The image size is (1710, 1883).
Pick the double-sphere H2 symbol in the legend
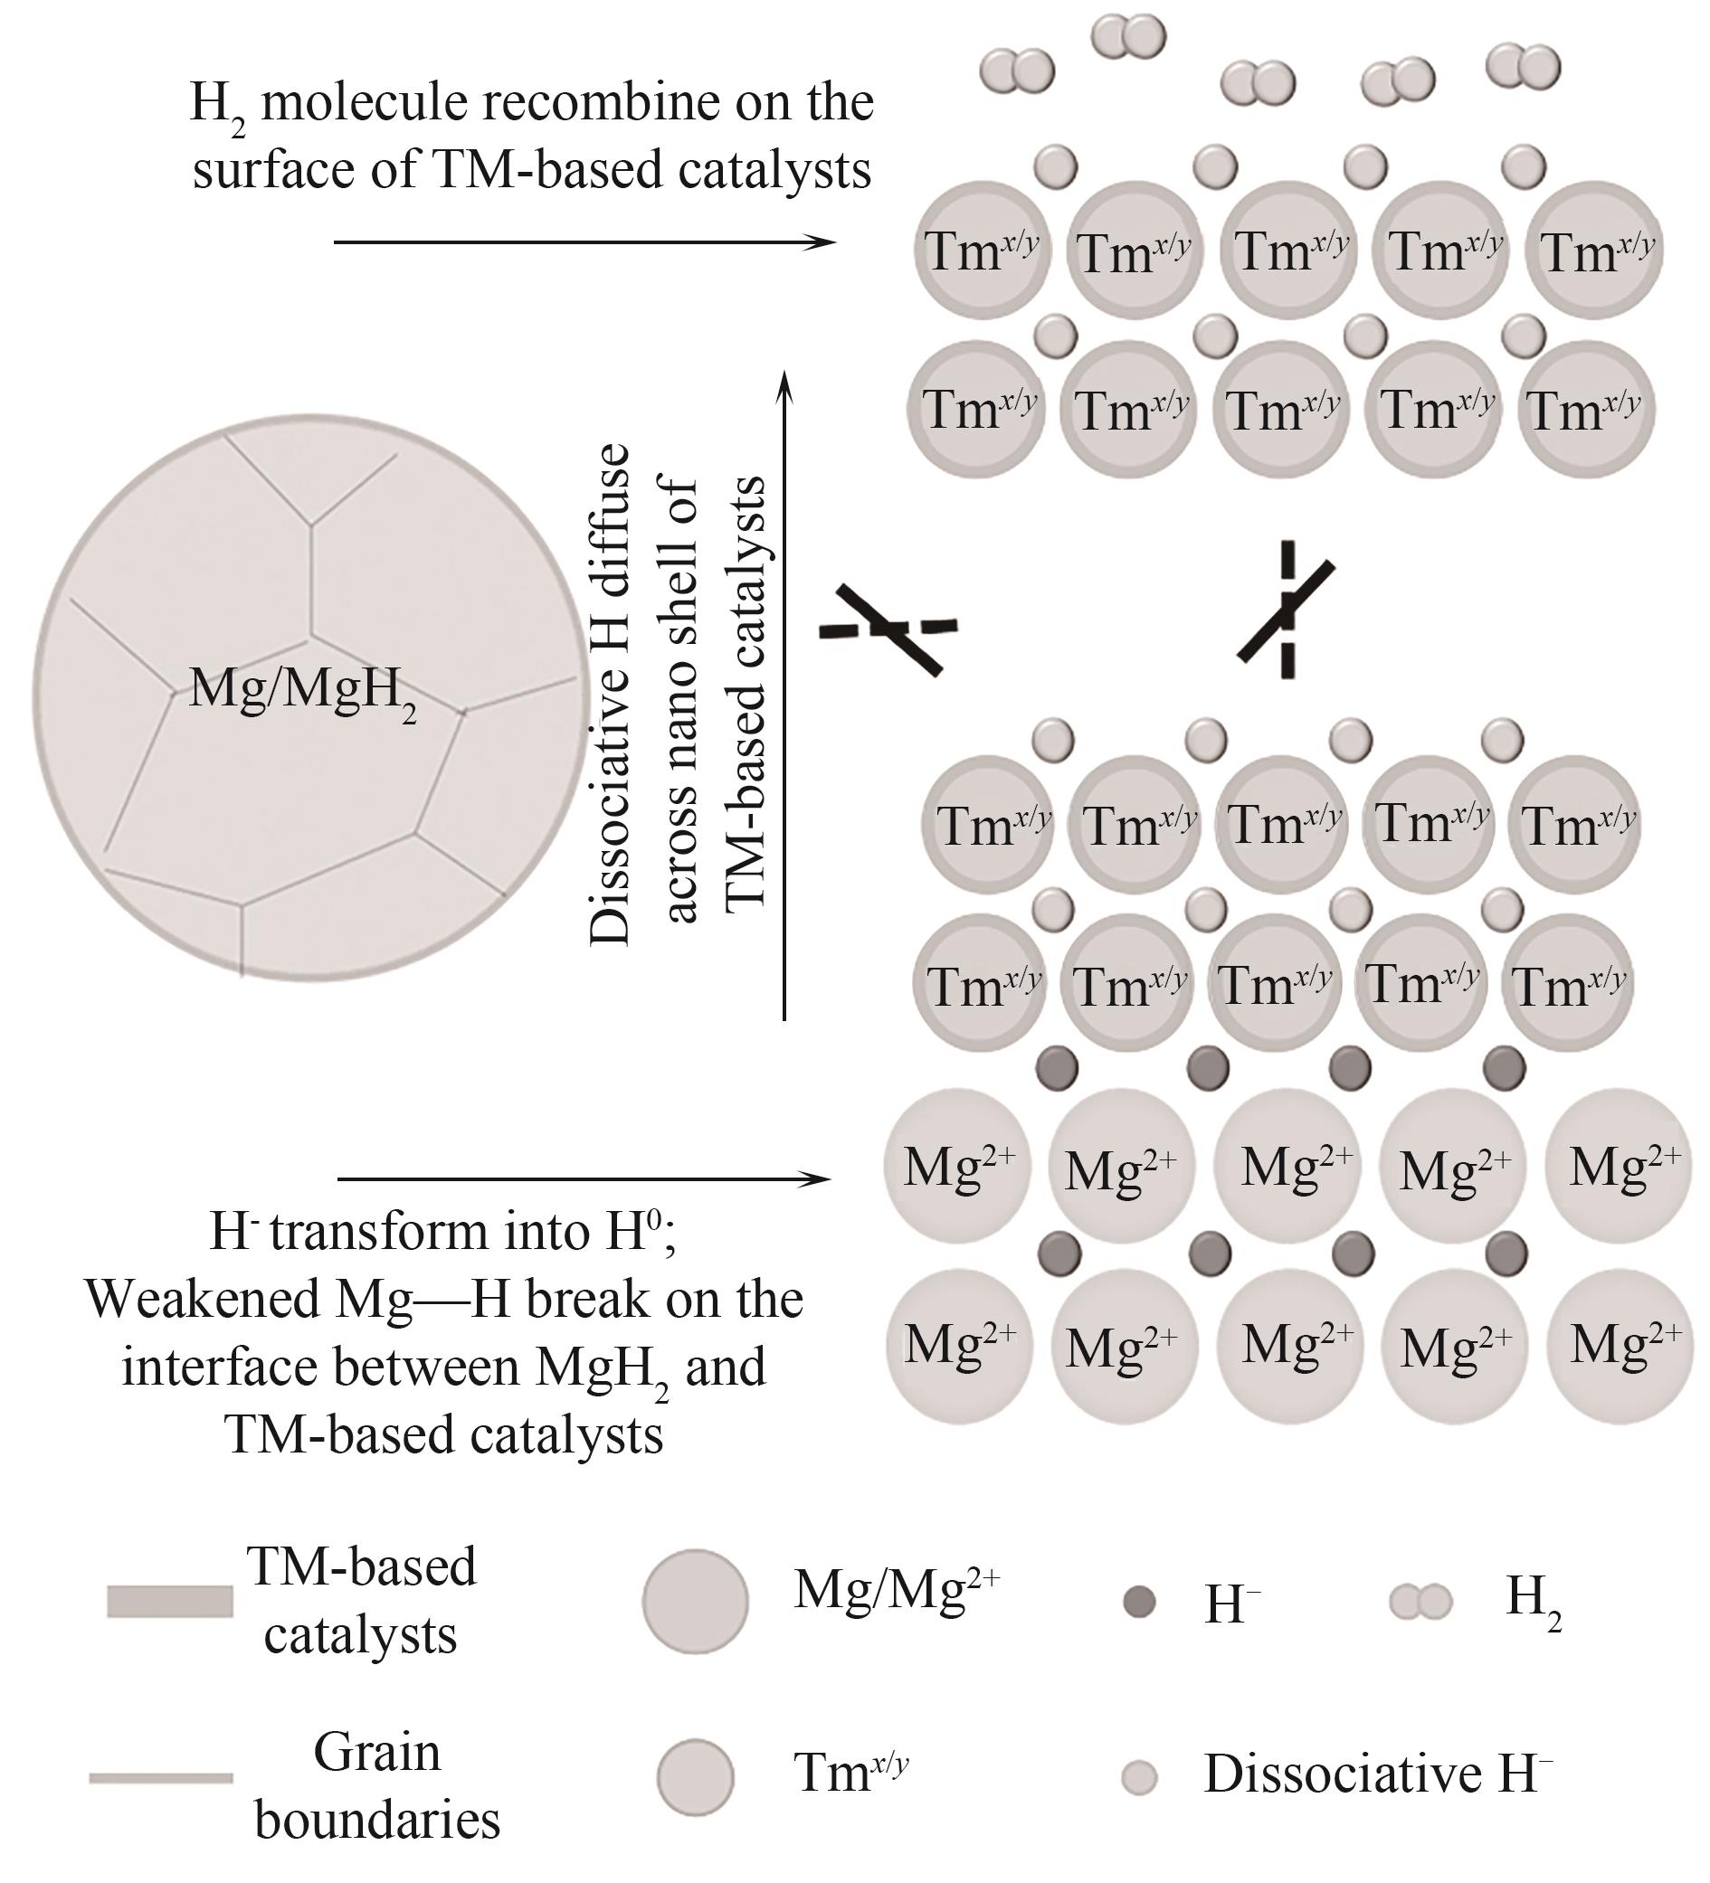click(x=1420, y=1603)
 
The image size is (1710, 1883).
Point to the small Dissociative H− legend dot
click(x=1138, y=1776)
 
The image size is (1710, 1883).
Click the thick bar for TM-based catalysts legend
click(x=169, y=1601)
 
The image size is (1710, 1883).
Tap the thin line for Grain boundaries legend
click(x=161, y=1777)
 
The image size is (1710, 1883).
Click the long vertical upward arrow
click(x=785, y=694)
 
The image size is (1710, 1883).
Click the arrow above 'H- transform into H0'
click(x=584, y=1179)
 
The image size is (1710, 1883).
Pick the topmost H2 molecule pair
click(x=1129, y=37)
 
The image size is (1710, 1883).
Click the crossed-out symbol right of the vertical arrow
click(x=888, y=628)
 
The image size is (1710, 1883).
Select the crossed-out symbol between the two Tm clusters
click(x=1287, y=609)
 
